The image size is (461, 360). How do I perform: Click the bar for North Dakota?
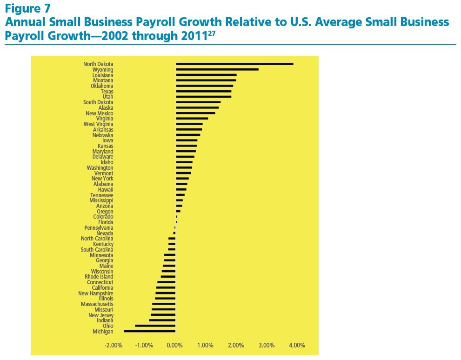[234, 64]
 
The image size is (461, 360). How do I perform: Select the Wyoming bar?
[217, 69]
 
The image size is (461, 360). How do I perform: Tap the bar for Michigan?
[150, 331]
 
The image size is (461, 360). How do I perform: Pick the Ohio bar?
[155, 326]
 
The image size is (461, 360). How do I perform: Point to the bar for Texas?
[204, 91]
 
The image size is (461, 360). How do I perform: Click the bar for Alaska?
[197, 107]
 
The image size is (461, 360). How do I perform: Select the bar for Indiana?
[162, 320]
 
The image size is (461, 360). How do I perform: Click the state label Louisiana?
[102, 75]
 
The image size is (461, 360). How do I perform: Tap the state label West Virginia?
[98, 124]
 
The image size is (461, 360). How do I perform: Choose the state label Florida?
[105, 222]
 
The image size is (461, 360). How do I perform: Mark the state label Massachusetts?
[97, 304]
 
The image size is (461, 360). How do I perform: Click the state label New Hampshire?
[95, 293]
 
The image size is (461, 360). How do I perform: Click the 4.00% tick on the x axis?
[297, 346]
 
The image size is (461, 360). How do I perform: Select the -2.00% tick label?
[114, 346]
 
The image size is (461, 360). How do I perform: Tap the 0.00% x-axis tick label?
[175, 346]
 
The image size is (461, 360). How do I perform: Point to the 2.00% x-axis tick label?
[236, 346]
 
